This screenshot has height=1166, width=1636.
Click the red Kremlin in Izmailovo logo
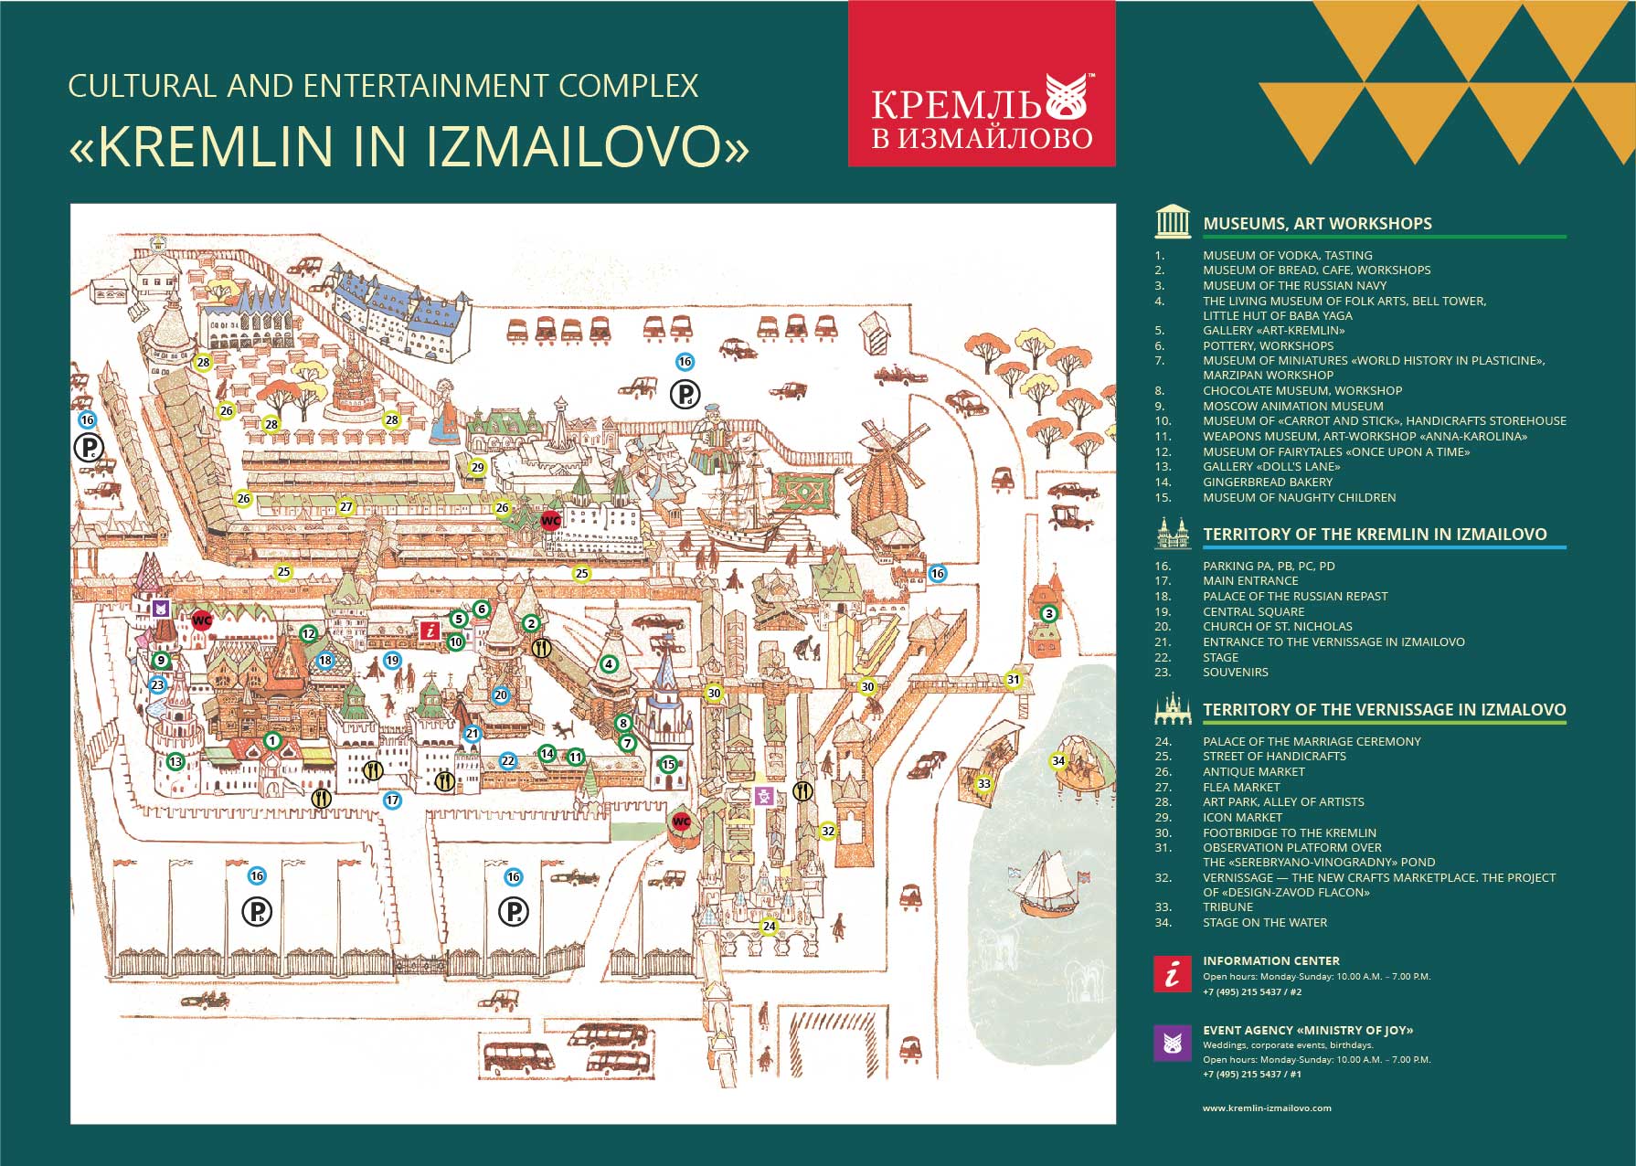coord(982,83)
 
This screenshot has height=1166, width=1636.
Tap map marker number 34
coord(1058,760)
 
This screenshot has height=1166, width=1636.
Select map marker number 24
coord(770,927)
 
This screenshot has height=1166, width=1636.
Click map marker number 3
coord(1049,614)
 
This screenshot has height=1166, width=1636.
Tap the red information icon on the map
coord(430,630)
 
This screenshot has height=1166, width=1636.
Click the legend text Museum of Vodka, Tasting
coord(1287,255)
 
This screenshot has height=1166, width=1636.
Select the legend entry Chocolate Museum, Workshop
coord(1302,390)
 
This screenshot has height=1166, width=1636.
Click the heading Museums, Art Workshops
coord(1317,223)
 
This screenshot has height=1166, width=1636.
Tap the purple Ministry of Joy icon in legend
coord(1173,1043)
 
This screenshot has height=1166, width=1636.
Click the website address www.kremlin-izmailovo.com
coord(1267,1108)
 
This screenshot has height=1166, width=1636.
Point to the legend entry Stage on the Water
coord(1265,922)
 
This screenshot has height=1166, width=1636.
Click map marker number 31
coord(1013,679)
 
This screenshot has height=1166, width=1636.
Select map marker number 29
coord(477,467)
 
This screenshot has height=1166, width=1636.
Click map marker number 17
coord(392,800)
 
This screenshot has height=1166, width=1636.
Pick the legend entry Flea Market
coord(1241,787)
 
